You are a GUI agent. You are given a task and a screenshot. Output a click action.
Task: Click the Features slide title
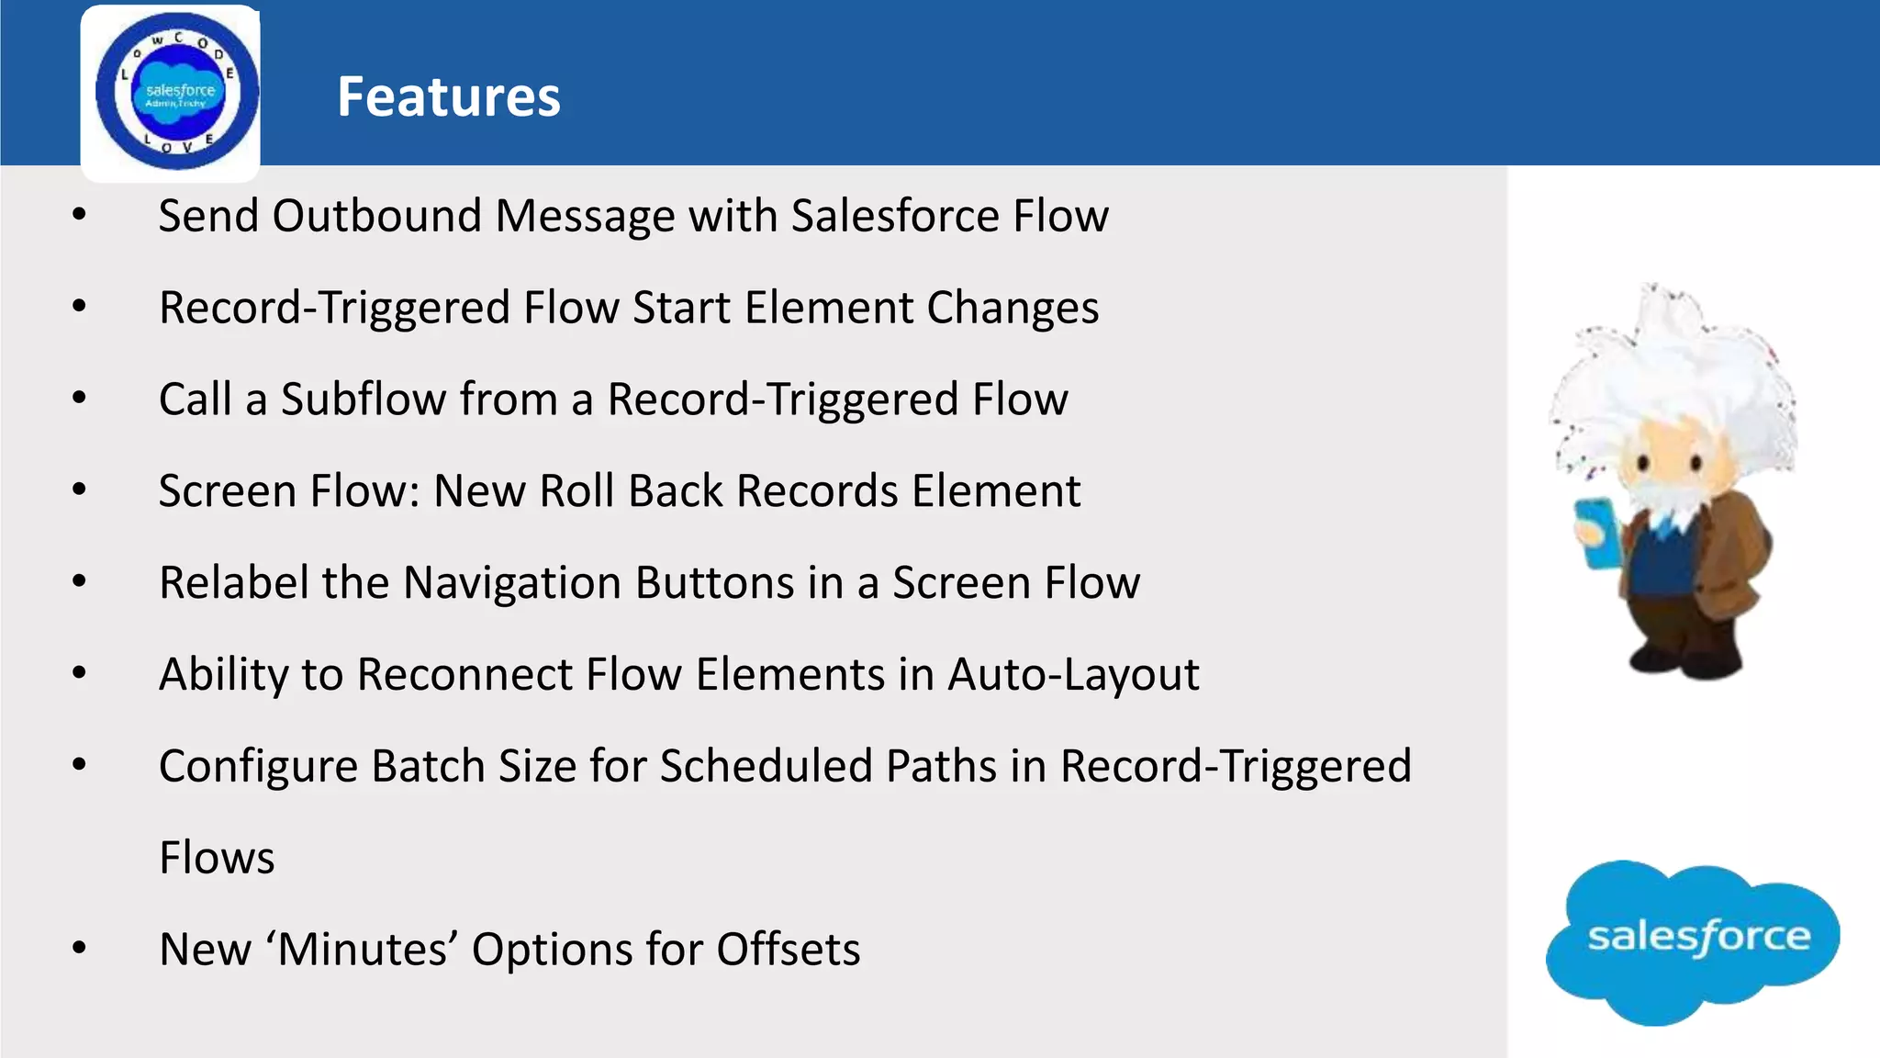point(448,96)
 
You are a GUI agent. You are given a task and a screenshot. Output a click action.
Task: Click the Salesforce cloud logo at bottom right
point(1694,940)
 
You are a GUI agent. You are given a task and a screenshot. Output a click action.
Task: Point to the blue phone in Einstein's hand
point(1598,532)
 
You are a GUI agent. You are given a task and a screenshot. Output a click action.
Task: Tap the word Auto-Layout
point(1073,675)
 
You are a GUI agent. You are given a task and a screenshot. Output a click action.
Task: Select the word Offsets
point(788,950)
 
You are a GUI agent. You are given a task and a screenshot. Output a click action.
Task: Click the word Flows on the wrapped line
point(217,858)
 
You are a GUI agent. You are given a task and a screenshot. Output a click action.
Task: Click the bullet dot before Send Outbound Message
point(80,216)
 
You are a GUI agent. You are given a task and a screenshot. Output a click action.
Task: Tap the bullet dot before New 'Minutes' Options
point(80,949)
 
